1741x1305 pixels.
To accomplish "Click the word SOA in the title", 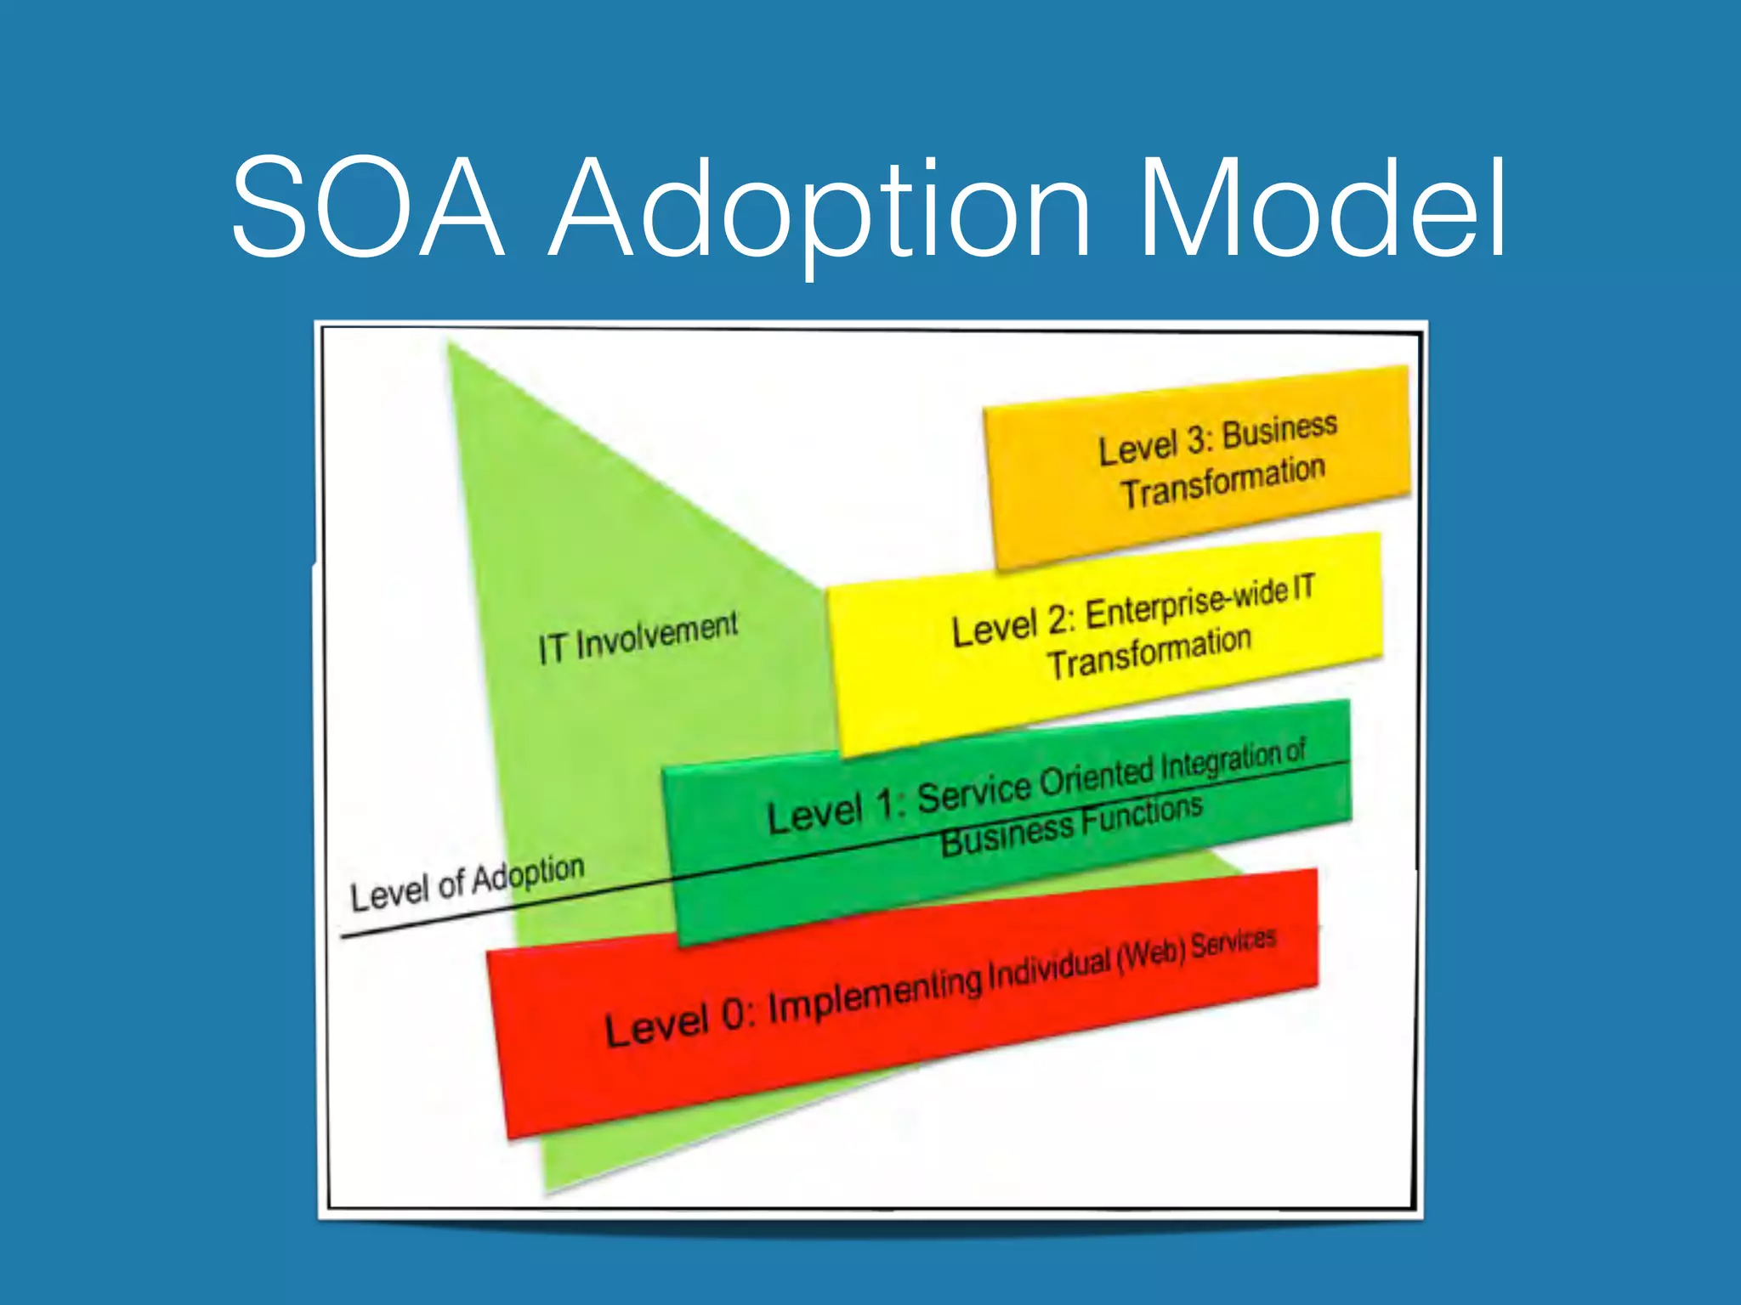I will [x=367, y=207].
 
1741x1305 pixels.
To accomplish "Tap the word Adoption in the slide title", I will [x=821, y=212].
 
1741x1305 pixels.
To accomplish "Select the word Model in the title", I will [x=1323, y=207].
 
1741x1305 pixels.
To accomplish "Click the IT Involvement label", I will [x=638, y=637].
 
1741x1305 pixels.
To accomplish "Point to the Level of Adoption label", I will [x=467, y=883].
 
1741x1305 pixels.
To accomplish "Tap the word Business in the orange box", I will [x=1279, y=429].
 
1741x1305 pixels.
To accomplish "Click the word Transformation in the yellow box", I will [x=1148, y=652].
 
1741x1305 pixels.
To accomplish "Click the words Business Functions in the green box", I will [x=1071, y=825].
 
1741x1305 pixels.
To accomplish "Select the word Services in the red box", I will [x=1233, y=942].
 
